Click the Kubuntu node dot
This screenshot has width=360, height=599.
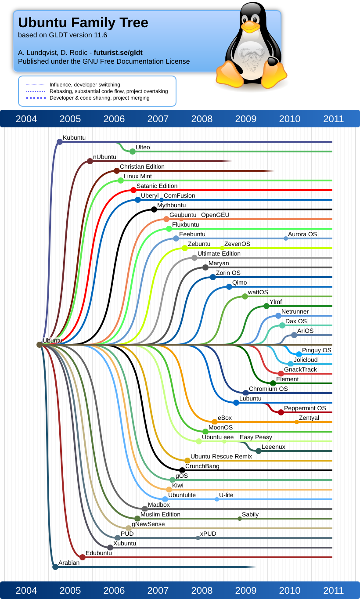60,141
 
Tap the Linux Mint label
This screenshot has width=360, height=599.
137,177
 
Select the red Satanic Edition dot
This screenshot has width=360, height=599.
133,190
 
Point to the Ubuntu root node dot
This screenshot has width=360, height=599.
40,345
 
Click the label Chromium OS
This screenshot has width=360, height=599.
268,389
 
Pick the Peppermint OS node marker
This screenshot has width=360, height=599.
281,412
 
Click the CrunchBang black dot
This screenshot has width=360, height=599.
182,470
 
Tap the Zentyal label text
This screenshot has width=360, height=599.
309,418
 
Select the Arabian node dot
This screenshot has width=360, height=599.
55,567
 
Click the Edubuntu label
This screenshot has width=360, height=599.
99,553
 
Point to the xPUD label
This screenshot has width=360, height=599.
208,534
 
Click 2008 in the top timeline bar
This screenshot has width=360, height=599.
202,119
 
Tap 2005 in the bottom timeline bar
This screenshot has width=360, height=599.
70,591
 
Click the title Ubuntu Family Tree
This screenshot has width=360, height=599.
83,22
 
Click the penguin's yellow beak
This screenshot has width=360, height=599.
250,27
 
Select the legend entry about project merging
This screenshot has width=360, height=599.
100,98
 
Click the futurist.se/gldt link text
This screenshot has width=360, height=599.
118,53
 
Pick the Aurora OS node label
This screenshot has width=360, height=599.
302,235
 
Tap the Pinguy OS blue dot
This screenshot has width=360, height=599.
299,354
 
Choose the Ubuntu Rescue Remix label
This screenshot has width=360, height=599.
221,457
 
